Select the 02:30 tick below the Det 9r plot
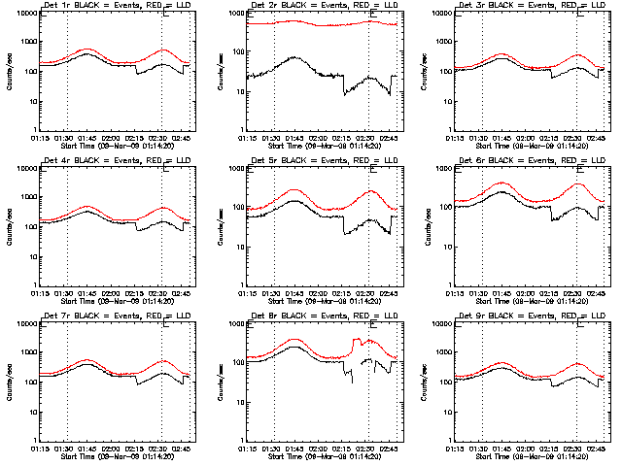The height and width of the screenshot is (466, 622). point(576,447)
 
